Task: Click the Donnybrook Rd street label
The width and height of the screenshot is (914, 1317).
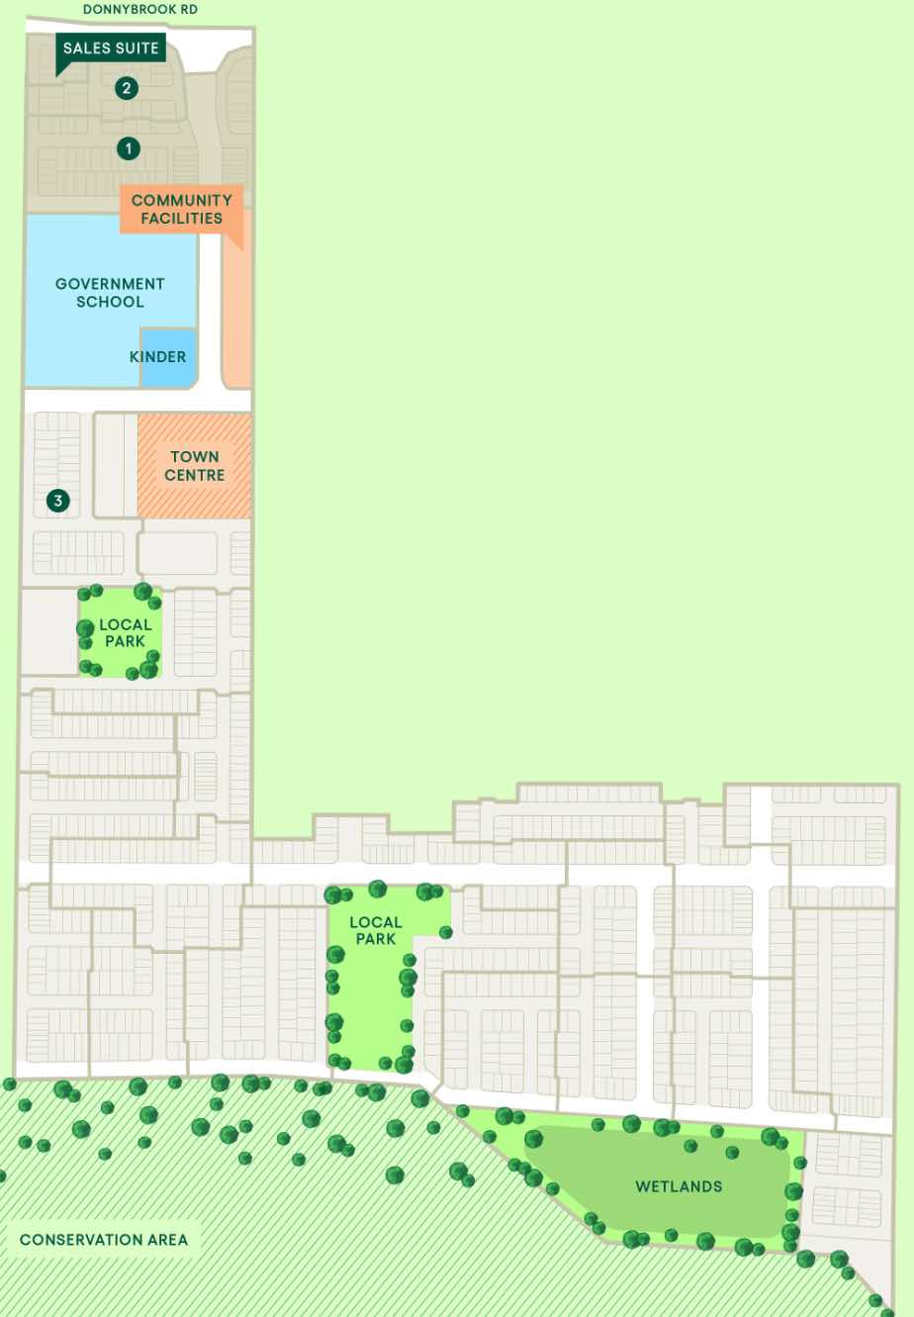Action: (139, 9)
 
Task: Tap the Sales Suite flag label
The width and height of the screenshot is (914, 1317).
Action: (110, 47)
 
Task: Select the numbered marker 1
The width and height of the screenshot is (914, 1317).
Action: (128, 148)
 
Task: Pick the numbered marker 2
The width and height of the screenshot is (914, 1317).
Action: (126, 88)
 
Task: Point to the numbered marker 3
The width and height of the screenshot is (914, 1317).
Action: (58, 501)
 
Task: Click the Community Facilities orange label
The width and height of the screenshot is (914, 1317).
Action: (181, 209)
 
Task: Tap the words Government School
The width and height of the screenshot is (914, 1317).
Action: (110, 292)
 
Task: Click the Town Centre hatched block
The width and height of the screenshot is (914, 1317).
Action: (194, 466)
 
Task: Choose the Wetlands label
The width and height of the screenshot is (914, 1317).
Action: (679, 1185)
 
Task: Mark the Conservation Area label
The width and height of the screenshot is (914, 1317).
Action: (103, 1239)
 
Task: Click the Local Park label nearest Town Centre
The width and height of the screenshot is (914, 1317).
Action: (125, 632)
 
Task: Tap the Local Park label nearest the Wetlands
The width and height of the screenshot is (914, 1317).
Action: (375, 930)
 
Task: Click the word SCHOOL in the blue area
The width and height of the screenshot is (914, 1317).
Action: (110, 302)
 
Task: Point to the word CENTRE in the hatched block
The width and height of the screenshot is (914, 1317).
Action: (194, 475)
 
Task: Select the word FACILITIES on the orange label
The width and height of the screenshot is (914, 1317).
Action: (181, 219)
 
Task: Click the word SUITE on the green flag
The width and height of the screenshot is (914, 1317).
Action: (137, 47)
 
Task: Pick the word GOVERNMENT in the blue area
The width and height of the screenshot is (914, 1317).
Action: (110, 283)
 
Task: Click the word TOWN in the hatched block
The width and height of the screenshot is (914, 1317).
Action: (194, 457)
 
